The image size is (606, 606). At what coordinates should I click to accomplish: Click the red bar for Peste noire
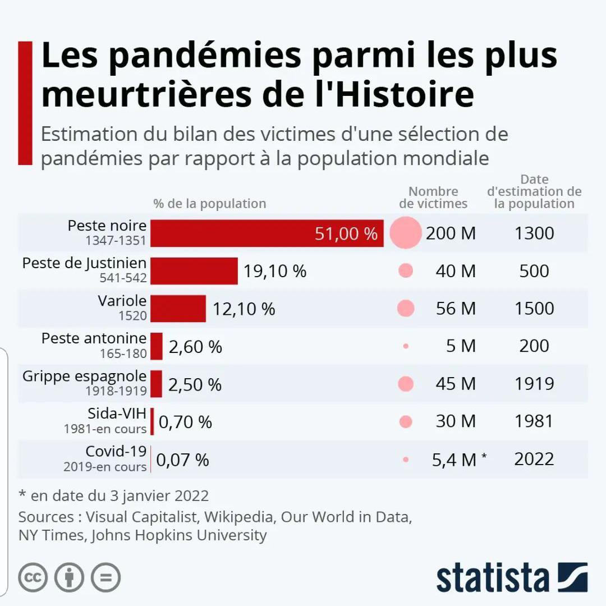coord(267,233)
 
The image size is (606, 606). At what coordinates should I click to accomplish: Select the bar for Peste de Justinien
coord(194,271)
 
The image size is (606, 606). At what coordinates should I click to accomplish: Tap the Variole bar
coord(178,309)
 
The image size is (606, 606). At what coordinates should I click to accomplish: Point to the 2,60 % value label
coord(195,347)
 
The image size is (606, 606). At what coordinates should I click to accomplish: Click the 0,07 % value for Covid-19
coord(182,460)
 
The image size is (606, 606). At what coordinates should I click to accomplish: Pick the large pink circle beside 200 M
coord(405,232)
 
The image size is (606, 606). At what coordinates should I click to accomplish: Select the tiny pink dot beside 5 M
coord(406,346)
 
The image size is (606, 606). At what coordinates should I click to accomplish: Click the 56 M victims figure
coord(456,309)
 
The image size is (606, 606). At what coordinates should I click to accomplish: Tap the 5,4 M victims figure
coord(454,460)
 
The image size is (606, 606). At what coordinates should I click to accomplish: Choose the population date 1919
coord(534,384)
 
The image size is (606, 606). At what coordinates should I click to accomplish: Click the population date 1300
coord(534,233)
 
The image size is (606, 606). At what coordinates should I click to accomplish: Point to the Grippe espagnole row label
coord(84,376)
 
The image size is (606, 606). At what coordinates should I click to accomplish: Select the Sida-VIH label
coord(117,414)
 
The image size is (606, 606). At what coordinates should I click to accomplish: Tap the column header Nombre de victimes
coord(433,198)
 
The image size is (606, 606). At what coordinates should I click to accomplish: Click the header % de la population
coord(210,204)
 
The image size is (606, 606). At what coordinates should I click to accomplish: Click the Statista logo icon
coord(572,577)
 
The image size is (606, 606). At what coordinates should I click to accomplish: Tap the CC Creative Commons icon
coord(33,577)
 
